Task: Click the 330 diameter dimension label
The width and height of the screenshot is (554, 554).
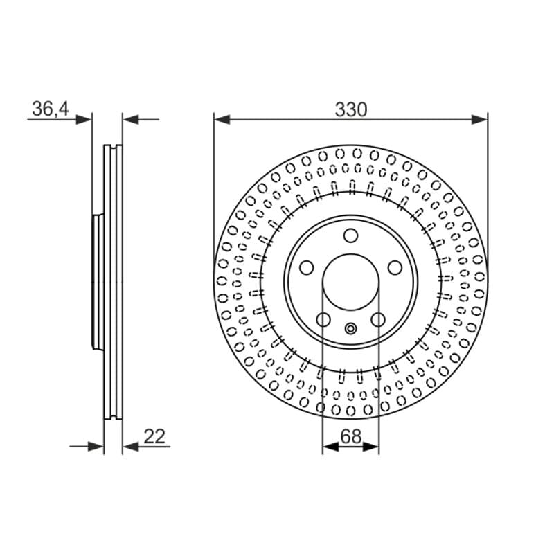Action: [351, 109]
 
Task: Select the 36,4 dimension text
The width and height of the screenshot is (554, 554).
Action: [50, 109]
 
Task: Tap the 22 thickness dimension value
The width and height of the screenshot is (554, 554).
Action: [154, 437]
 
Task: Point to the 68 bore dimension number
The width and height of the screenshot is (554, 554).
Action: [351, 436]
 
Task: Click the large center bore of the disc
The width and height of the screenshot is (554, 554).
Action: [350, 282]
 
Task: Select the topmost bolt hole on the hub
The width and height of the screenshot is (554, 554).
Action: [351, 235]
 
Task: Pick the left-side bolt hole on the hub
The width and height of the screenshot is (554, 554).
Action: [306, 268]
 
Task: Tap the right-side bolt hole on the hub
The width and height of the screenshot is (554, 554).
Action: [395, 268]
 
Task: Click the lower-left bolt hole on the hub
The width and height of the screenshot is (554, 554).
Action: [323, 320]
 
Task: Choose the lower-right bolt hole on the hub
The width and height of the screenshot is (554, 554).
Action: [378, 320]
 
